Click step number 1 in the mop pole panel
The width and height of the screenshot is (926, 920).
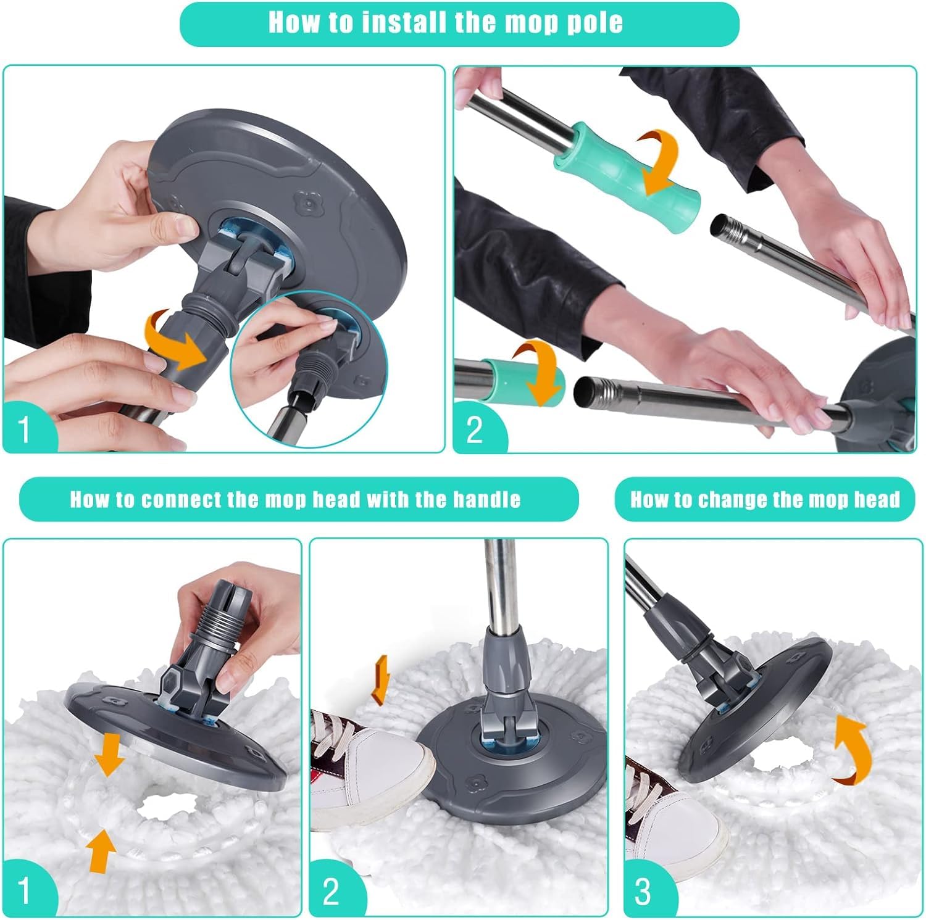(24, 429)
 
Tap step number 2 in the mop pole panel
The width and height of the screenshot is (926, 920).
(474, 430)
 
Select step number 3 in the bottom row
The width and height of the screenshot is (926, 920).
(643, 892)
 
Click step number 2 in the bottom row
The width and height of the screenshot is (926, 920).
(331, 892)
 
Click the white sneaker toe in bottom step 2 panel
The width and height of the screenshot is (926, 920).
(395, 765)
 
